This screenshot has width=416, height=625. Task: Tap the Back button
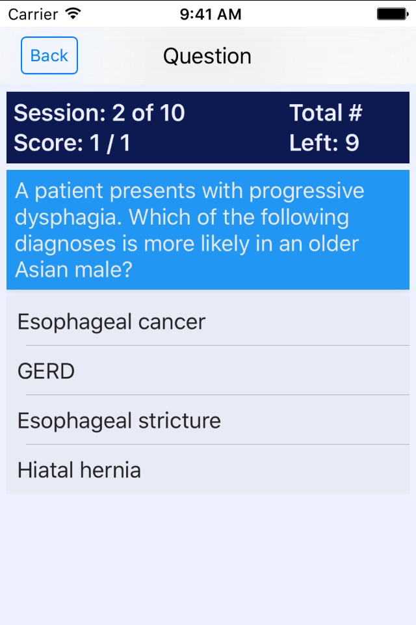(49, 55)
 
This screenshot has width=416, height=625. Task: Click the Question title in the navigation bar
(207, 56)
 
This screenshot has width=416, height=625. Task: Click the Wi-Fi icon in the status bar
(73, 14)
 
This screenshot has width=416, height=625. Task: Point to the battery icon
(393, 14)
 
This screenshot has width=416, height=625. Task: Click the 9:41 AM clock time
(211, 14)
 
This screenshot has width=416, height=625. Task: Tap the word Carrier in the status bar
(33, 15)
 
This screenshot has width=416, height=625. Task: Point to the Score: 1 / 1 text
(72, 143)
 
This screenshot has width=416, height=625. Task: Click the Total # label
(326, 113)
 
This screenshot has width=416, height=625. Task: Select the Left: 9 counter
(324, 143)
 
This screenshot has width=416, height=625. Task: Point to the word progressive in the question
(307, 191)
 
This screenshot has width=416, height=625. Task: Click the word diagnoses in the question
(65, 244)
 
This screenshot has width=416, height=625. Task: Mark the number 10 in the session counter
(172, 113)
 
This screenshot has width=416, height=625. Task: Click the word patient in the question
(70, 191)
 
